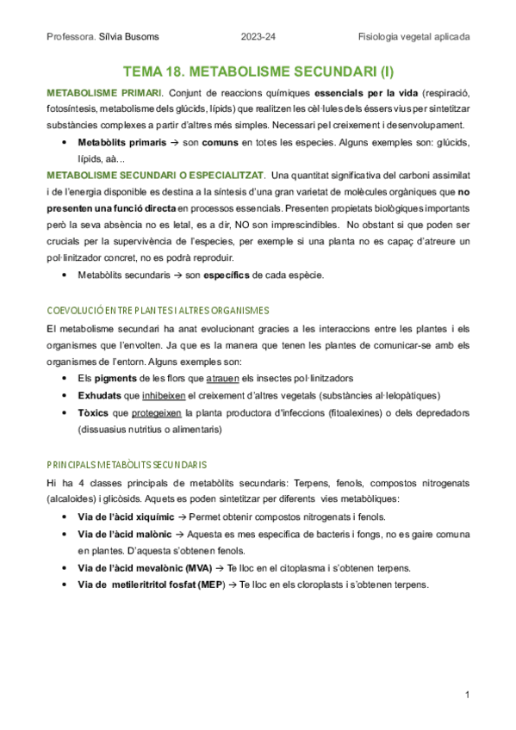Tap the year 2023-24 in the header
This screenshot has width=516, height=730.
(x=258, y=37)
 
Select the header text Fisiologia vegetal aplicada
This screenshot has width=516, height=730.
(x=414, y=37)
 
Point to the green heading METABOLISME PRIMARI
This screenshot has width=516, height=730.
(x=103, y=93)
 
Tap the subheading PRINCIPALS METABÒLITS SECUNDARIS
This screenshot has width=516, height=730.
(x=126, y=464)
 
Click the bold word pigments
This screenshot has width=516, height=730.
(x=115, y=380)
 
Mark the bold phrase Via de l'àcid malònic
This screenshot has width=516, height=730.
(x=122, y=535)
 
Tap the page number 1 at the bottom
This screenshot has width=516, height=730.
(x=466, y=694)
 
